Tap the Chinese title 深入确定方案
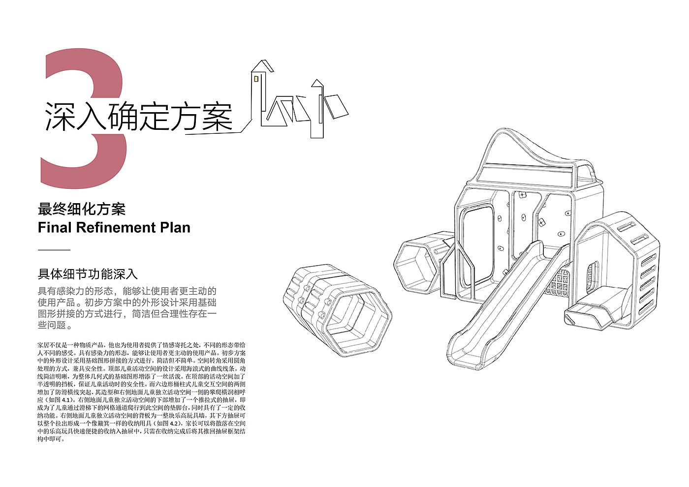point(138,117)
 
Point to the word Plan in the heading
point(175,228)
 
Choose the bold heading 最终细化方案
point(82,209)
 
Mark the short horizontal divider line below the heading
point(54,250)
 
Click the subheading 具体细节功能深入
point(88,274)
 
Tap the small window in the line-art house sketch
point(256,77)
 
